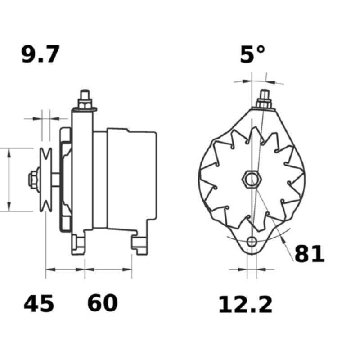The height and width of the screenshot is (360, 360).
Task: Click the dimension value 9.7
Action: pos(40,55)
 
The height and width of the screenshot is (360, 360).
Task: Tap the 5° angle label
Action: pos(252,55)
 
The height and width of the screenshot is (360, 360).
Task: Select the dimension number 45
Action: pos(39,304)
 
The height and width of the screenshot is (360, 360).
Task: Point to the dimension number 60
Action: pos(103,304)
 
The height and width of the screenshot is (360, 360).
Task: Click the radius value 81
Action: pos(310,254)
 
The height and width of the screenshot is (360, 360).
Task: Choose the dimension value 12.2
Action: pos(246,305)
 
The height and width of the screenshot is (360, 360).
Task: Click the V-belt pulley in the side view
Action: pos(45,179)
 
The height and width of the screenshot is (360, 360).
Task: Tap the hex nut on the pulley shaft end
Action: pos(33,179)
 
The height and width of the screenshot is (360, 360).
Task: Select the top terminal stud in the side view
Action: pos(84,99)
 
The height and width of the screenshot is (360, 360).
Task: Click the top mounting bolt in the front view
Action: pos(264,100)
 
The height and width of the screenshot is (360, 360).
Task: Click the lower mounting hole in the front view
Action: pos(252,242)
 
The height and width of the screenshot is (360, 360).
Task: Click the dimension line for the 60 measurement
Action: pos(108,270)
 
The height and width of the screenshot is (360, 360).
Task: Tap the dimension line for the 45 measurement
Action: pos(65,270)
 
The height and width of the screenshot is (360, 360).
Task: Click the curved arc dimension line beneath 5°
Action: pos(259,82)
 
